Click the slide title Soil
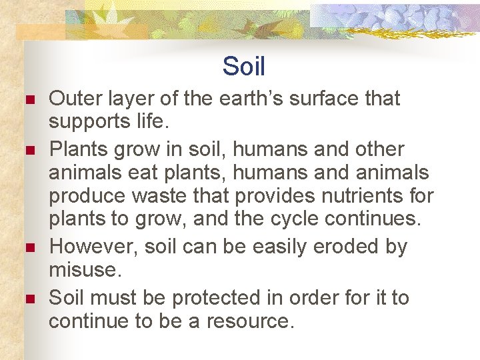[243, 67]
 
